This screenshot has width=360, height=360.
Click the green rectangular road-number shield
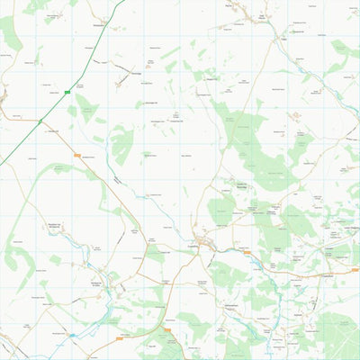(x=67, y=92)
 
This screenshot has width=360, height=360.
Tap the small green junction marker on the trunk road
(x=40, y=120)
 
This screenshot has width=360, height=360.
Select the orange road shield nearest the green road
(x=77, y=156)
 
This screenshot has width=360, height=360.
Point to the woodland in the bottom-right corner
(x=337, y=333)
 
